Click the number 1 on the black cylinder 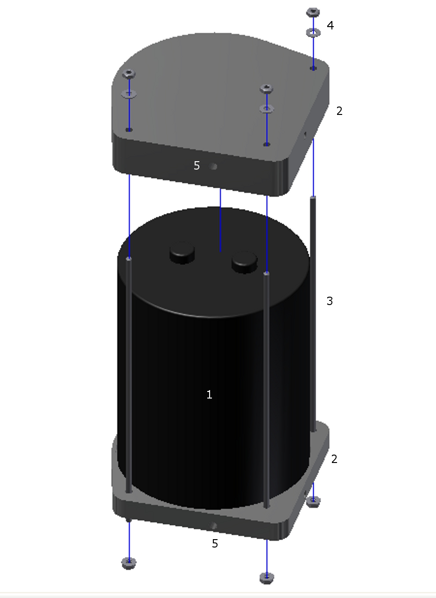[210, 395]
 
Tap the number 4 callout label [331, 25]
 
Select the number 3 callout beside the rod [330, 301]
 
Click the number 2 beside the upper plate [339, 111]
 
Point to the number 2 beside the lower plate [334, 459]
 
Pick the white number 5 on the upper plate [197, 165]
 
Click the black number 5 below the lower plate [215, 543]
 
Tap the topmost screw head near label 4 [313, 12]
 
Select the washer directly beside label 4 [313, 33]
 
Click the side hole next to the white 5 [213, 167]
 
